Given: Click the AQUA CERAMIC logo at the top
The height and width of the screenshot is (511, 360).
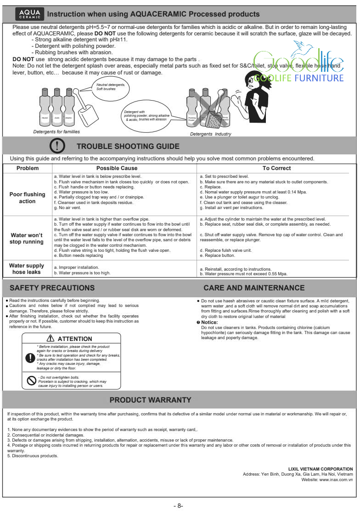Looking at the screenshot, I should tap(29, 14).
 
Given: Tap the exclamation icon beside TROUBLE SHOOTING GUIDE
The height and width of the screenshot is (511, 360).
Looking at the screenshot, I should tap(57, 146).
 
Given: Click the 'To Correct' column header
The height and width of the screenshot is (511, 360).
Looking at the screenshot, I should tap(276, 168).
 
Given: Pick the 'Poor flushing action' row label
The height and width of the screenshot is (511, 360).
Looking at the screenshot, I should tap(28, 198).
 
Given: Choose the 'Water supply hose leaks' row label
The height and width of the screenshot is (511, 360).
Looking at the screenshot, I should tap(27, 269).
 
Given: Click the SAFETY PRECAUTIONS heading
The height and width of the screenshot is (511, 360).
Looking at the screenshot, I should tap(52, 288).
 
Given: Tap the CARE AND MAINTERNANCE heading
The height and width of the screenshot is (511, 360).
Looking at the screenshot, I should tap(254, 288).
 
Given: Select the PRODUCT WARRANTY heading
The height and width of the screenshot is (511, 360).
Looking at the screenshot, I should tap(150, 400).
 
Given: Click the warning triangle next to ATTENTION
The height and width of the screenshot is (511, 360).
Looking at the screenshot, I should tap(51, 339).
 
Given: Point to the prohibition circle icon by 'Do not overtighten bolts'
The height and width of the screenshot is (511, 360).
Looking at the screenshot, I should tap(31, 381).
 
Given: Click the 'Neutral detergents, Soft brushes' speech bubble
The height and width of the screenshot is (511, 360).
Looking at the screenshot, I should tap(110, 86).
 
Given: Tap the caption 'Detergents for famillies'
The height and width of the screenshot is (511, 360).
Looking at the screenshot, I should tap(56, 132).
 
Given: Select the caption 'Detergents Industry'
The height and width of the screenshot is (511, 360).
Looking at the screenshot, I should tap(211, 134).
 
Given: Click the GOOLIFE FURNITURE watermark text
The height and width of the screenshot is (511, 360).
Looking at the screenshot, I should tap(298, 78).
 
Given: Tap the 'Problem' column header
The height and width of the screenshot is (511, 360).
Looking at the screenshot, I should tap(28, 168).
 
